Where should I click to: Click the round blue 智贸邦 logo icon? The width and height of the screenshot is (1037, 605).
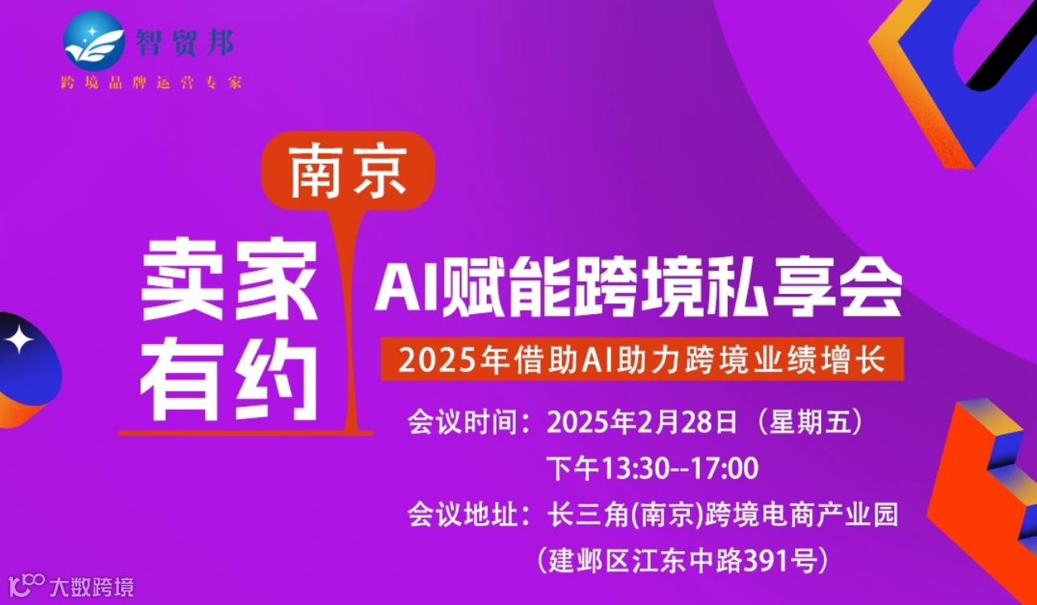(x=95, y=41)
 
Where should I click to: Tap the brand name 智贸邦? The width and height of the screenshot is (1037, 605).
(x=186, y=43)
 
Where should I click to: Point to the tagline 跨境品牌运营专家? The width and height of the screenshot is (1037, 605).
(x=152, y=83)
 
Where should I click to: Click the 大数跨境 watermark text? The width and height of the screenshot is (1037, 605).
(x=91, y=587)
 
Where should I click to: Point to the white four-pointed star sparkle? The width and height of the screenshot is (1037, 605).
(x=18, y=341)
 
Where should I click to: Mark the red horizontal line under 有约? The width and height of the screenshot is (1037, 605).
(x=241, y=433)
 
